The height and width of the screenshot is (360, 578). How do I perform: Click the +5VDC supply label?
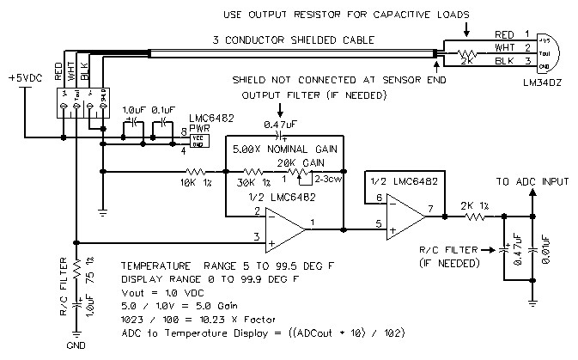(x=24, y=77)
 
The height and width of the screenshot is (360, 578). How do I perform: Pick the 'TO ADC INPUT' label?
(x=532, y=181)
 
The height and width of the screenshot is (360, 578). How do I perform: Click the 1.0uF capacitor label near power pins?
(x=134, y=111)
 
